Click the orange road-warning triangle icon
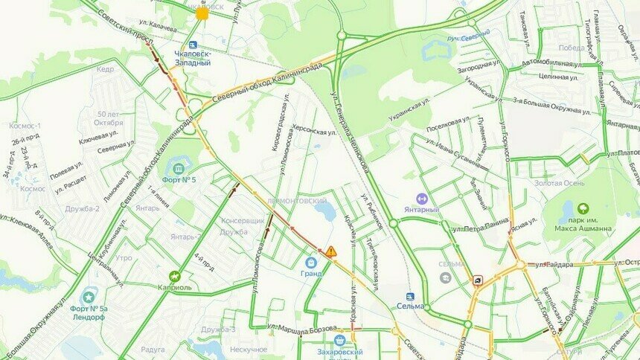pos(330,252)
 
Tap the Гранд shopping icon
pos(311,262)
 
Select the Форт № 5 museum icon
pos(179,165)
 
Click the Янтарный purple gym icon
pos(421,199)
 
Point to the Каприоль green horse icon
pos(176,276)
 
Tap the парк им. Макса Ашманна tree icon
pos(583,209)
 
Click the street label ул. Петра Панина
pos(479,220)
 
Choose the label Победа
pos(571,48)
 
